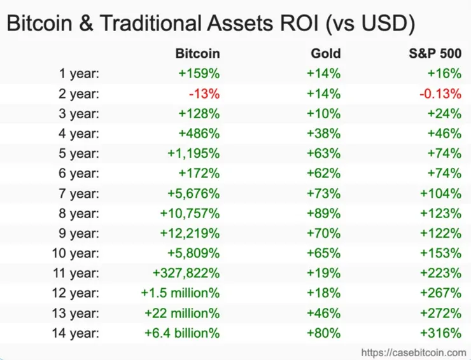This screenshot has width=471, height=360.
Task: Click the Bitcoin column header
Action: point(197,53)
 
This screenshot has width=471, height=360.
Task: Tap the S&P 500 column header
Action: point(435,53)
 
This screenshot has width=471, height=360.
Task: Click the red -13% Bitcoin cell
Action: point(204,93)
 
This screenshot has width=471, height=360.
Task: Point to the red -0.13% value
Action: point(440,93)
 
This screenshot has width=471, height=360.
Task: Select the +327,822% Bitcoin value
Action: point(186,273)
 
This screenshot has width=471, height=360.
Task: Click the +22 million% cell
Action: point(182,313)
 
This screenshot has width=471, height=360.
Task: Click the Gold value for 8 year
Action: point(323,213)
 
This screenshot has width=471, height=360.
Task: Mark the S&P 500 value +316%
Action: point(444,333)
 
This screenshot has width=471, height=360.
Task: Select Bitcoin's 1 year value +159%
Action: point(199,74)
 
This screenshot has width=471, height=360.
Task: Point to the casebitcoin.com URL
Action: point(414,352)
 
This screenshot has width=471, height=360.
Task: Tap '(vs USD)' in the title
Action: point(370,25)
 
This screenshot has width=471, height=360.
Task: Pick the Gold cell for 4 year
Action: point(323,134)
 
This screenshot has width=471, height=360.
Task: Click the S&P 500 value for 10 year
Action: point(444,253)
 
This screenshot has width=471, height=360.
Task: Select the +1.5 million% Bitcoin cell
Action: point(180,293)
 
